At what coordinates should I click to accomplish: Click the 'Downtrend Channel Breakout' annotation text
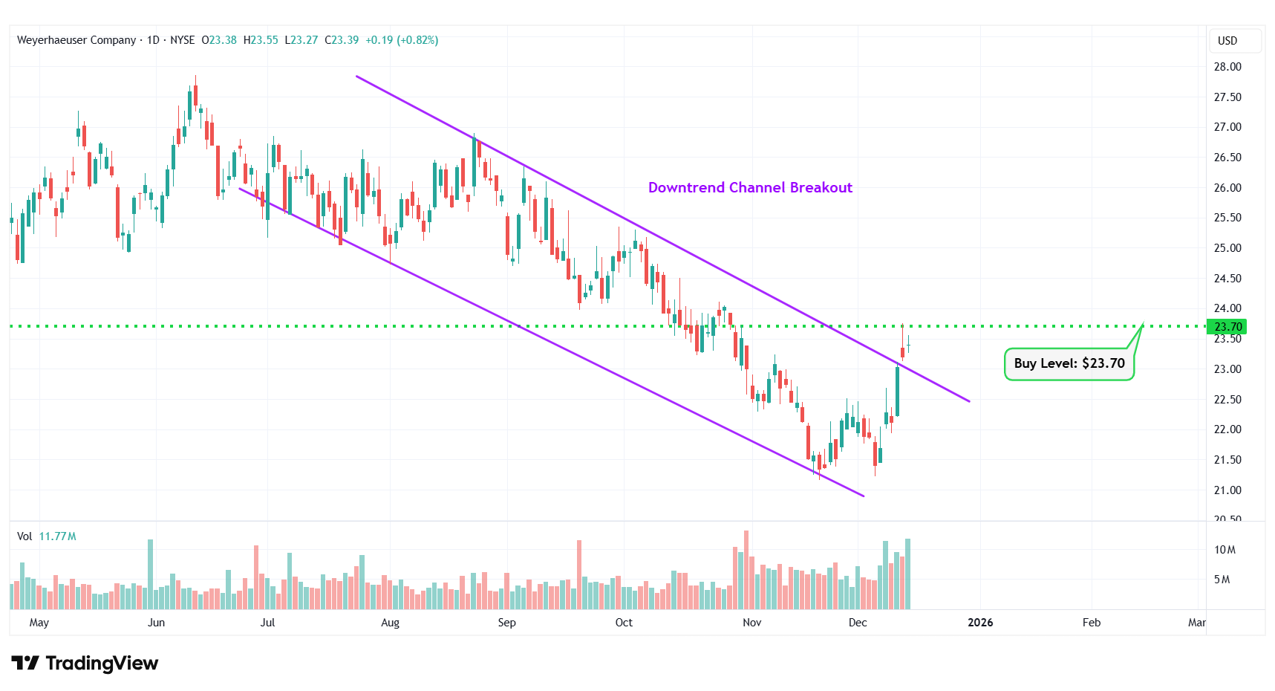pos(750,188)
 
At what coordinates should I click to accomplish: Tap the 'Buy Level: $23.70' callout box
pos(1069,363)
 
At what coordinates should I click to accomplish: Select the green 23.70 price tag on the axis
pos(1227,327)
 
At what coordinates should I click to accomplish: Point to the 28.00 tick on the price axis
pos(1227,67)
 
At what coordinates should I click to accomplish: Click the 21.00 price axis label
pos(1227,490)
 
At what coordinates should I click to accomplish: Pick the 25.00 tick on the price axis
pos(1227,248)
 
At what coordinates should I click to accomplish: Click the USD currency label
pos(1227,41)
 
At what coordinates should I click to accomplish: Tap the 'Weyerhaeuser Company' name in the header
pos(76,40)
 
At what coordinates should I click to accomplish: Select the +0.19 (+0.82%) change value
pos(402,40)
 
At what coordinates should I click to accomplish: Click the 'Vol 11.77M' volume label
pos(47,536)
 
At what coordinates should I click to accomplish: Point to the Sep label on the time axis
pos(506,623)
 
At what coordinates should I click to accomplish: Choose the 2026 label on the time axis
pos(980,623)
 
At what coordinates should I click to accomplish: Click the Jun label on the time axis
pos(156,623)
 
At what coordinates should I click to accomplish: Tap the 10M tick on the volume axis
pos(1225,550)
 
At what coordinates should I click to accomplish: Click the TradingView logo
pos(85,663)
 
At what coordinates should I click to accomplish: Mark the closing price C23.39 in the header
pos(342,40)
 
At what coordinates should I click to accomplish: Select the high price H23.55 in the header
pos(261,40)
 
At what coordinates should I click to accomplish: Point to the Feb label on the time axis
pos(1091,623)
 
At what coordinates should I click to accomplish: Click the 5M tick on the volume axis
pos(1222,580)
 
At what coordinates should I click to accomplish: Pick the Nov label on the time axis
pos(751,623)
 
